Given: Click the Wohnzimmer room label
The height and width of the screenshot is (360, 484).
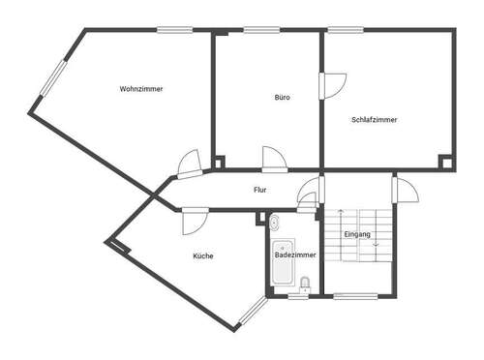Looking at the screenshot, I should pos(140,89).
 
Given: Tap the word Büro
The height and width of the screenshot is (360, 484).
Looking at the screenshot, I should pos(282,98).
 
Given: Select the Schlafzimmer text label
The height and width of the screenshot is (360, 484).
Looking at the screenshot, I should pos(375,120).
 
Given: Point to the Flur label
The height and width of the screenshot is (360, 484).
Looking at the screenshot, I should pos(259,191).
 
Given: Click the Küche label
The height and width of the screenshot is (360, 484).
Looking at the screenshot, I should pos(203,255).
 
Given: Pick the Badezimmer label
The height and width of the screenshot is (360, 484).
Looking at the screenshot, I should pos(295,255).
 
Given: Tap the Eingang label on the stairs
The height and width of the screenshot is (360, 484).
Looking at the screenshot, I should pos(357,234).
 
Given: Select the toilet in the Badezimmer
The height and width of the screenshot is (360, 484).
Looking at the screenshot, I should pos(306,283).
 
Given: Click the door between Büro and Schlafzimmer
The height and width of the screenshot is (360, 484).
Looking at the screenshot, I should pos(332,84).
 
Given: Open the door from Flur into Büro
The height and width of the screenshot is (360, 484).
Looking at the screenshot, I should pos(272,158).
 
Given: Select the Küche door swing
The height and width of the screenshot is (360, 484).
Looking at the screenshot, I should pos(192,221).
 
